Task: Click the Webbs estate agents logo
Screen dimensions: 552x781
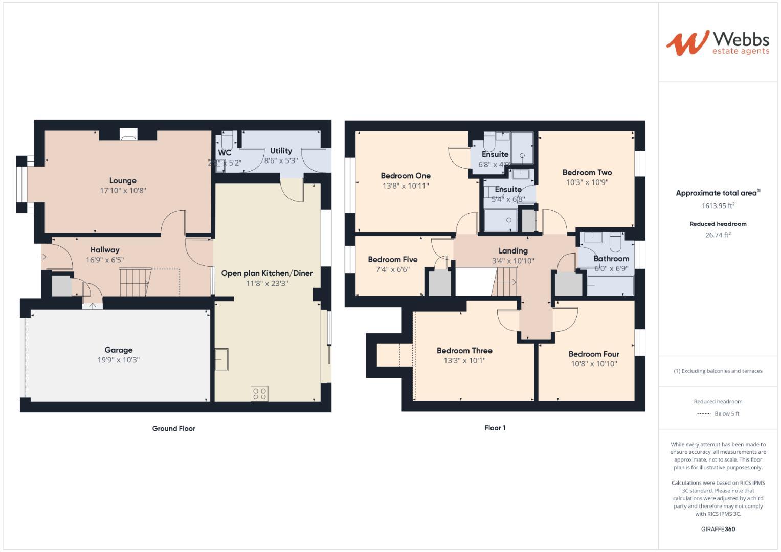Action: pyautogui.click(x=717, y=42)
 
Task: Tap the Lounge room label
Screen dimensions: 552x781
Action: pyautogui.click(x=123, y=180)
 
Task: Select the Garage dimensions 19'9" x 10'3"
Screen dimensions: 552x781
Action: pyautogui.click(x=119, y=360)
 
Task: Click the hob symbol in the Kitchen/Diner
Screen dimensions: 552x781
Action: pyautogui.click(x=259, y=394)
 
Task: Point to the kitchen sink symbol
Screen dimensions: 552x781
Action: pyautogui.click(x=221, y=359)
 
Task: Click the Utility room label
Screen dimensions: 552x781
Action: pyautogui.click(x=281, y=151)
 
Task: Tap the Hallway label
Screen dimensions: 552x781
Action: pyautogui.click(x=105, y=250)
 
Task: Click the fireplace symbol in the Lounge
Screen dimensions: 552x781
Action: pyautogui.click(x=128, y=134)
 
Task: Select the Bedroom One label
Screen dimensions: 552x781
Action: pyautogui.click(x=406, y=176)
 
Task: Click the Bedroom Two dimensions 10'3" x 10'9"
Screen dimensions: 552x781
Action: pyautogui.click(x=587, y=182)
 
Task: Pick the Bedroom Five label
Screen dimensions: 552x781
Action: pyautogui.click(x=392, y=259)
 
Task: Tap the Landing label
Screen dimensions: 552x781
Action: pyautogui.click(x=513, y=250)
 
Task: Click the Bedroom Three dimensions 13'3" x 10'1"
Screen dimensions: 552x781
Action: pyautogui.click(x=464, y=360)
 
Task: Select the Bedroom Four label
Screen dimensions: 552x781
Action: pyautogui.click(x=594, y=354)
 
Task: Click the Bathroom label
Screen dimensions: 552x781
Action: pyautogui.click(x=611, y=258)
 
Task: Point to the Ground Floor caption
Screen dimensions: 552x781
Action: pyautogui.click(x=173, y=428)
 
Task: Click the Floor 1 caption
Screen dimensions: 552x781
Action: pyautogui.click(x=495, y=428)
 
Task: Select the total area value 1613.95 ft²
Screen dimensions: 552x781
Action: pyautogui.click(x=718, y=205)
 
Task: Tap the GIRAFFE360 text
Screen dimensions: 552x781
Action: pyautogui.click(x=718, y=529)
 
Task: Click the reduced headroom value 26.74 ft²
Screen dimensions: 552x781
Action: pyautogui.click(x=718, y=235)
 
